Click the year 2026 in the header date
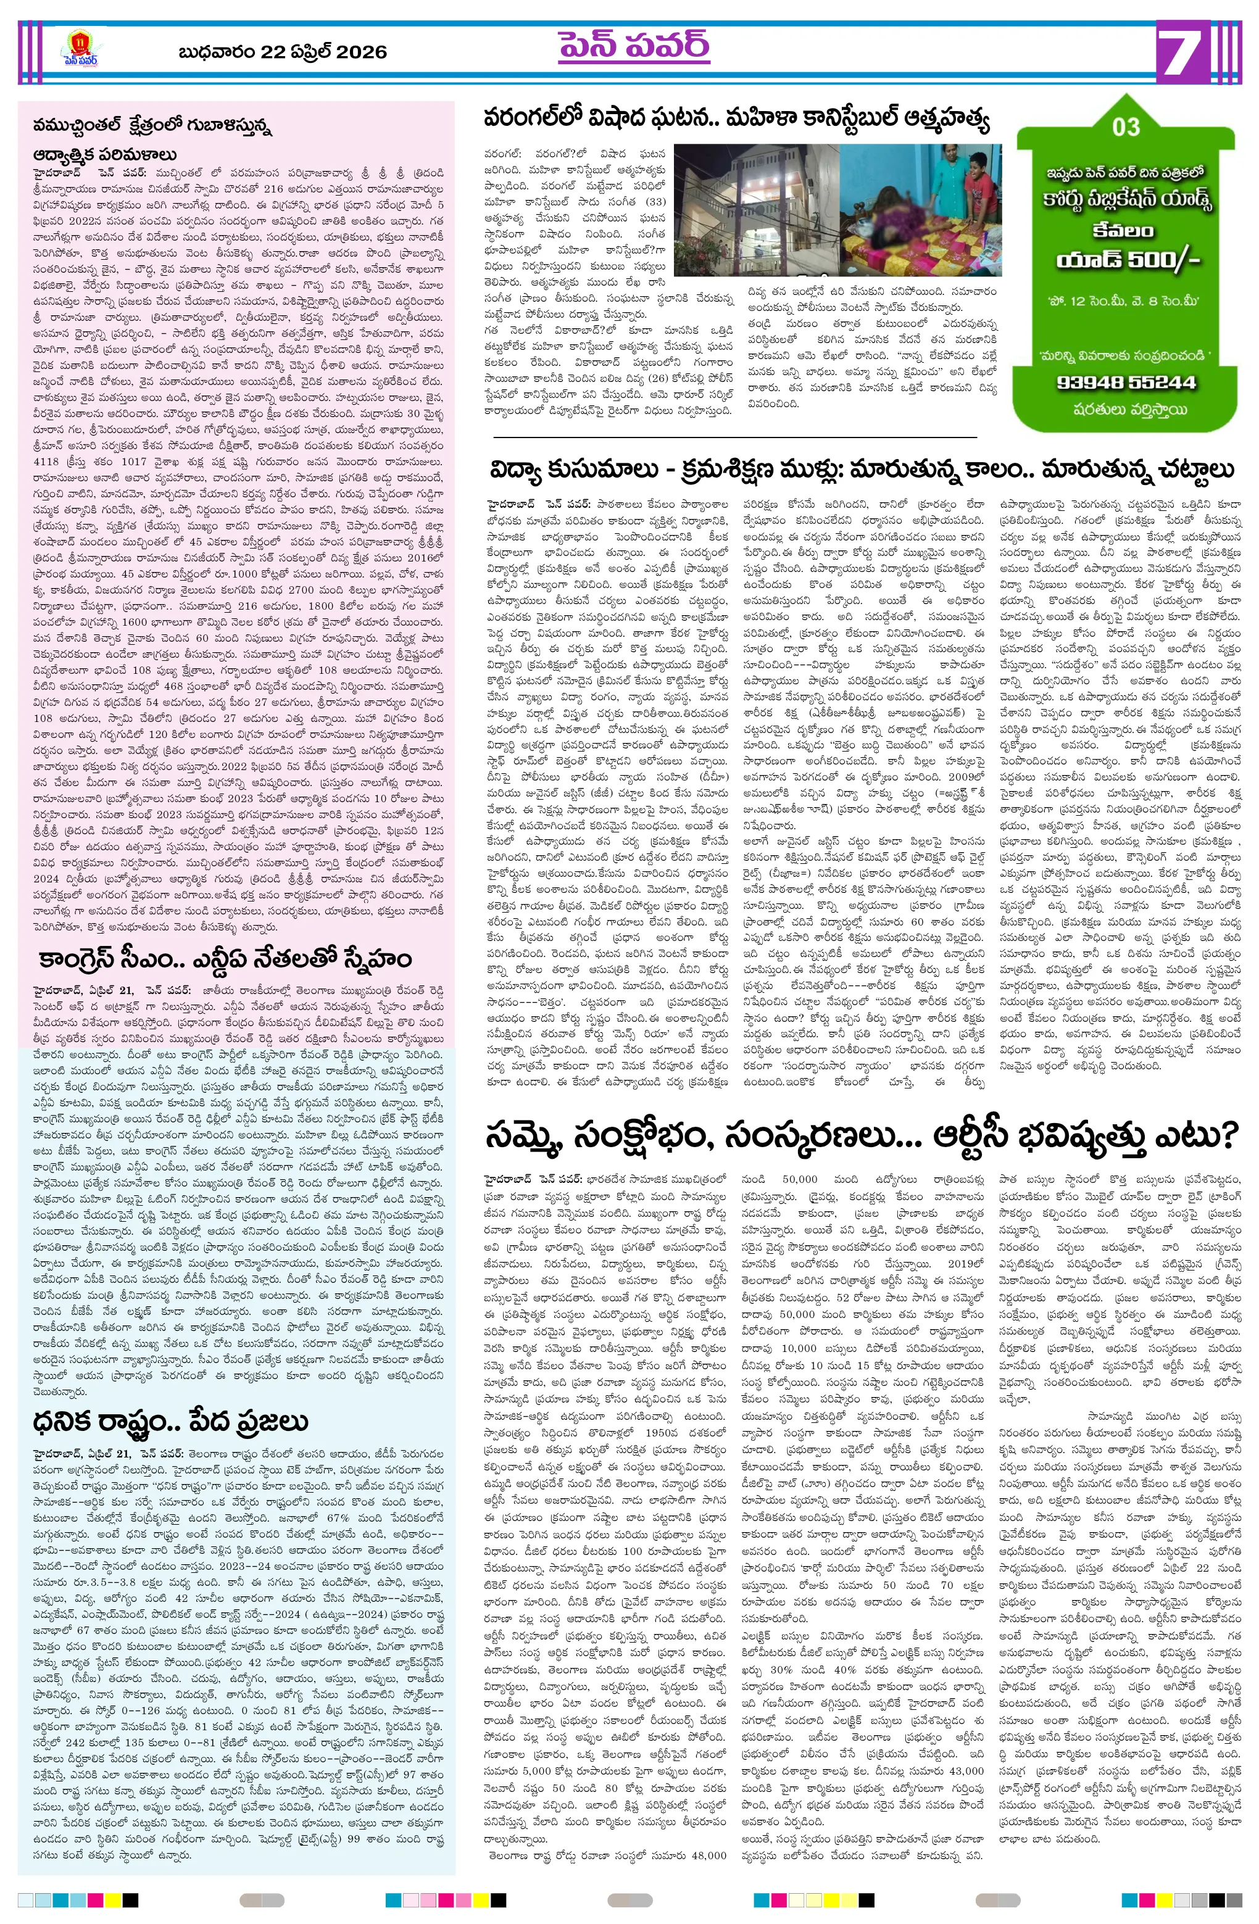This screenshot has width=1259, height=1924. (360, 52)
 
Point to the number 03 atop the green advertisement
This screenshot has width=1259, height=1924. (1126, 127)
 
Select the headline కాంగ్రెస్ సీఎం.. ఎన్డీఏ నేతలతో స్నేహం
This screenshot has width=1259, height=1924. (225, 958)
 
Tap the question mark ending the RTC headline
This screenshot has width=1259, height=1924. (1228, 1134)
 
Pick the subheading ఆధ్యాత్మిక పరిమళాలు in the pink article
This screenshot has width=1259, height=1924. (105, 154)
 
